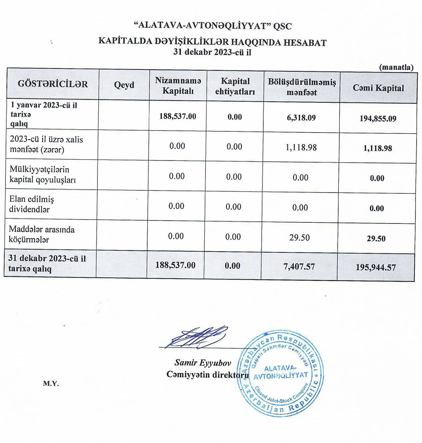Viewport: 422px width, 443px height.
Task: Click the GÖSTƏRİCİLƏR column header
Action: click(x=53, y=84)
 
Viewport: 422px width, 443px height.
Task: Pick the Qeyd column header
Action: click(x=124, y=85)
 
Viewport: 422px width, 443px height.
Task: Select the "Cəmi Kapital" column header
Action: click(x=378, y=88)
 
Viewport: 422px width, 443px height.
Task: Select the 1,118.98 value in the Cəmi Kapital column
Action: click(x=377, y=149)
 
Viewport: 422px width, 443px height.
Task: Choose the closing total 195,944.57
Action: click(x=377, y=267)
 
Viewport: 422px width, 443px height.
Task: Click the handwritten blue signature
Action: click(x=197, y=337)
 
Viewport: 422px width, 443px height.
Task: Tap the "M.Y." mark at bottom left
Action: click(x=50, y=384)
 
